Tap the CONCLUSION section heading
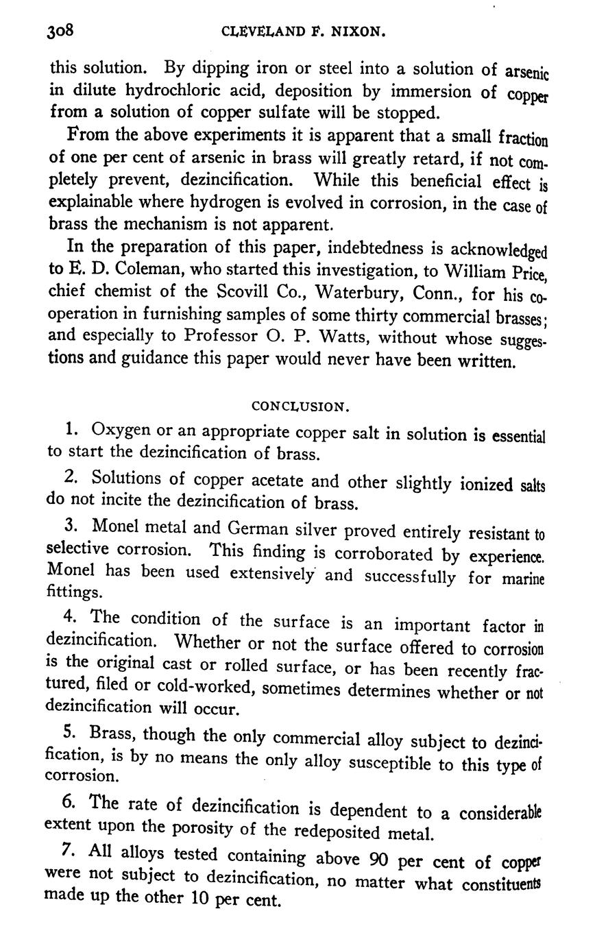[x=301, y=407]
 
